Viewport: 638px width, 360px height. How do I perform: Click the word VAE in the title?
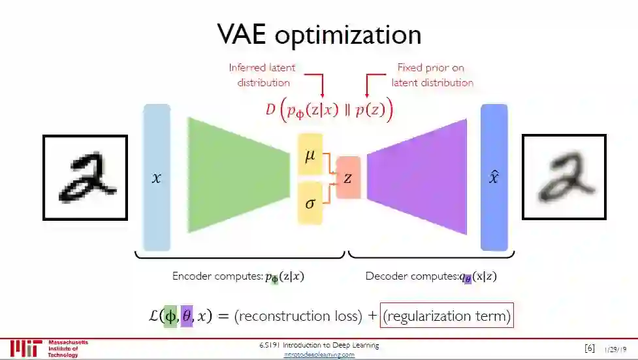coord(243,35)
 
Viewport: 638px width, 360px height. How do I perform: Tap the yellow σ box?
coord(310,203)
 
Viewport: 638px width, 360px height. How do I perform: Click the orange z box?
coord(348,178)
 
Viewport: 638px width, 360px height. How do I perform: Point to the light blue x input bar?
coord(156,177)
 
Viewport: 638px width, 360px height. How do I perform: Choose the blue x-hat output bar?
coord(494,177)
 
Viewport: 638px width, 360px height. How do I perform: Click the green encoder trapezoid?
coord(238,175)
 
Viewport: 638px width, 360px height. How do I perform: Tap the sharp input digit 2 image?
coord(85,177)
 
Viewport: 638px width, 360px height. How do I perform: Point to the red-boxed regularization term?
coord(447,316)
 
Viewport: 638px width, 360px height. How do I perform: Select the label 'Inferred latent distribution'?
coord(261,75)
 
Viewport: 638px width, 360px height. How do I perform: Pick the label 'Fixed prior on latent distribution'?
coord(432,75)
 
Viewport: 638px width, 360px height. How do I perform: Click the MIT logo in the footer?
coord(27,348)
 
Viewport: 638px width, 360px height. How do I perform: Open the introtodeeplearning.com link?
coord(319,355)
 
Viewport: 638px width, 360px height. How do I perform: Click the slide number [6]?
coord(589,348)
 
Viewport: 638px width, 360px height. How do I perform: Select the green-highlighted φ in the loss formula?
coord(170,316)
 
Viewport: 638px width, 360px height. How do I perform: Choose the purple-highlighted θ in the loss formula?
coord(187,316)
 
